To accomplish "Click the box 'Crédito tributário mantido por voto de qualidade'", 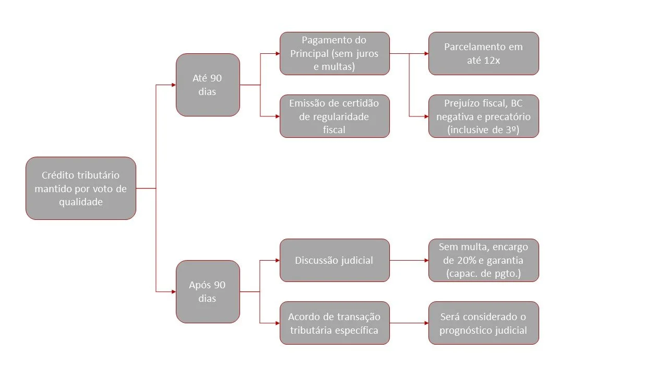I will pos(80,188).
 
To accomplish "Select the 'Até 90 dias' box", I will pos(208,85).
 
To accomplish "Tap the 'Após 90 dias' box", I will pos(208,291).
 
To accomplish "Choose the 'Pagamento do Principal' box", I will pos(335,53).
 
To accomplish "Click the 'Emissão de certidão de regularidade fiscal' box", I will pos(335,116).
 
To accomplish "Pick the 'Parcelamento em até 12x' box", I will pos(483,53).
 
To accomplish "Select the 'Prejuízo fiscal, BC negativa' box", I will pos(483,116).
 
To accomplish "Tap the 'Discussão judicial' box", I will pos(335,260).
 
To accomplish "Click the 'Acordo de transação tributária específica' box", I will pos(335,323).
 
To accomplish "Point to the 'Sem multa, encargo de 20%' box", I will pos(483,260).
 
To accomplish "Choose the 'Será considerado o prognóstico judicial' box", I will pos(483,323).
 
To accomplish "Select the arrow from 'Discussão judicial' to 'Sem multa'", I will pos(409,260).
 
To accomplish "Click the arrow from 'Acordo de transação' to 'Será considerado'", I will pos(409,323).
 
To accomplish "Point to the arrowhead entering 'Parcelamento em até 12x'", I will pos(425,53).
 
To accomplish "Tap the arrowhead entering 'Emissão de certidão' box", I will pos(277,116).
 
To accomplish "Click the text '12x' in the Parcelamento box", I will pos(491,60).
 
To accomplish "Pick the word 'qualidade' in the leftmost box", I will pos(80,202).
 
